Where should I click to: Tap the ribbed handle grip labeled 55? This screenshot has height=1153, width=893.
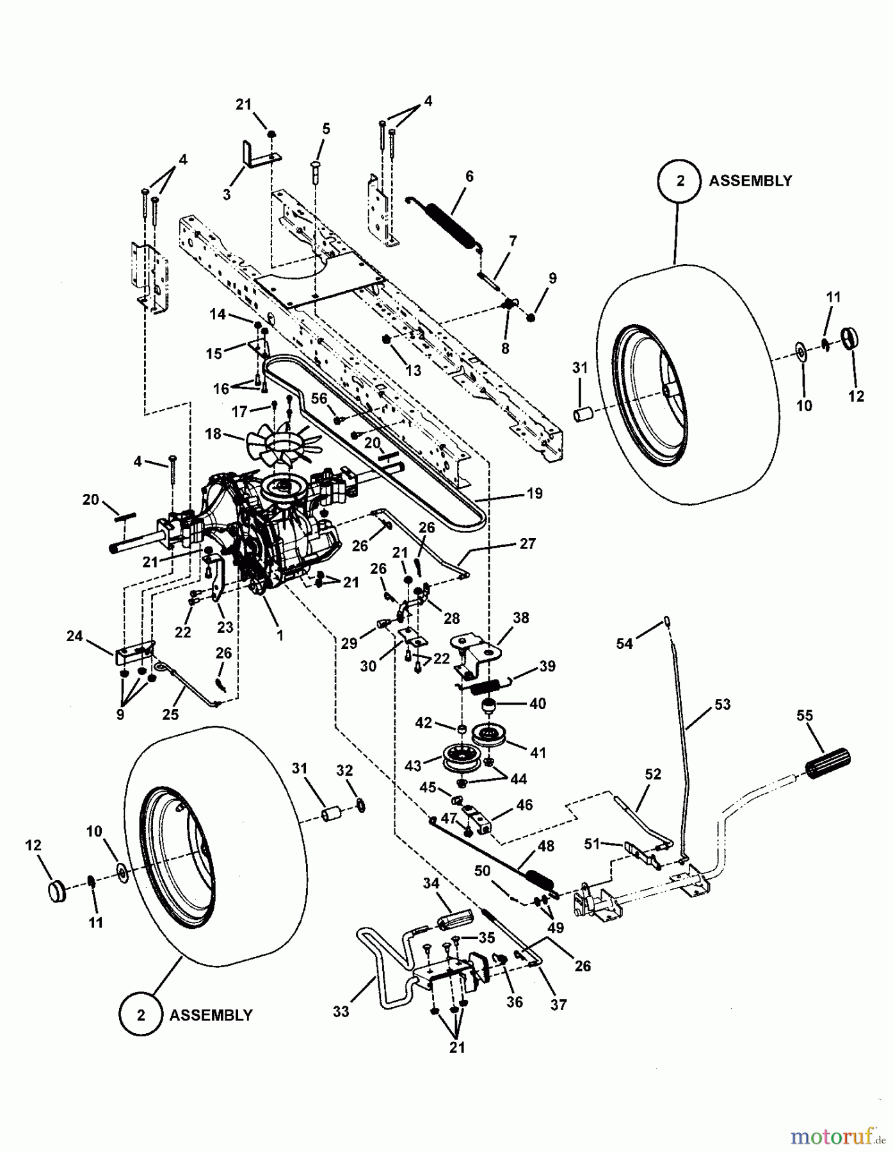pyautogui.click(x=828, y=764)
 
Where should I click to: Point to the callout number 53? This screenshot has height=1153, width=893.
pyautogui.click(x=721, y=705)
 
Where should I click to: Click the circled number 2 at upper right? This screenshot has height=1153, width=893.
pyautogui.click(x=680, y=181)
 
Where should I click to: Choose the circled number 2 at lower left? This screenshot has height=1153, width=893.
pyautogui.click(x=141, y=1015)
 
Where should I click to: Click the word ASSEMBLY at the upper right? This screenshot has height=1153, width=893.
pyautogui.click(x=750, y=181)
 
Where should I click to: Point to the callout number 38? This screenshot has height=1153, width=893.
pyautogui.click(x=521, y=617)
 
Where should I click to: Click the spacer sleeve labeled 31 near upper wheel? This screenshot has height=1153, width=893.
pyautogui.click(x=583, y=414)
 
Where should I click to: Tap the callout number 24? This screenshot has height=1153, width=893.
pyautogui.click(x=74, y=636)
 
